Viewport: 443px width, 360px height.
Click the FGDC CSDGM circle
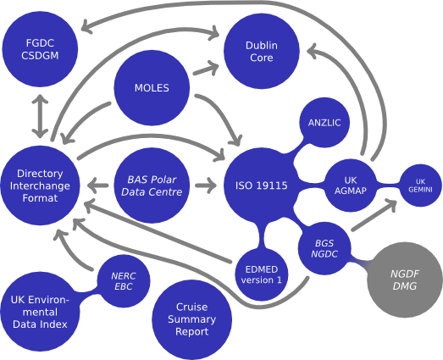click(40, 49)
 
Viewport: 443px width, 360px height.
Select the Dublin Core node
click(262, 52)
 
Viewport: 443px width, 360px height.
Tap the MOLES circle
click(152, 87)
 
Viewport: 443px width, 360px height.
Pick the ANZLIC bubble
click(324, 122)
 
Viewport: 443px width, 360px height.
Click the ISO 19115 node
click(262, 186)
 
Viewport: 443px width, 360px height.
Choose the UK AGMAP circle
click(351, 186)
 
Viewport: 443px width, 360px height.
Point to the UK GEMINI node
click(420, 186)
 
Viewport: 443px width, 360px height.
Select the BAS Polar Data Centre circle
click(152, 186)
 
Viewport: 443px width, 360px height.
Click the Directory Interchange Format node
click(40, 186)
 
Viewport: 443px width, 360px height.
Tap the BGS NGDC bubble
click(324, 248)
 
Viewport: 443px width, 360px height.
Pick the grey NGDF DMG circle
click(405, 280)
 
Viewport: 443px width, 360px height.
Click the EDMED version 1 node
click(262, 274)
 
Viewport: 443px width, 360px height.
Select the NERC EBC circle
click(124, 281)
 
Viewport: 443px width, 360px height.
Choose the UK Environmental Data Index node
click(40, 312)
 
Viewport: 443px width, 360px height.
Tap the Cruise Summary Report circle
click(191, 319)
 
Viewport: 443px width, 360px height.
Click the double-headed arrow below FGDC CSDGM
click(40, 116)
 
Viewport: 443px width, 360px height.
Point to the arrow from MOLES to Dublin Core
click(206, 69)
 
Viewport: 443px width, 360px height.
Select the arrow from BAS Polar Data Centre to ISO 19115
click(206, 186)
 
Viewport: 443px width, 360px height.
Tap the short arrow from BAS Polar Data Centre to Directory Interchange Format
click(97, 186)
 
